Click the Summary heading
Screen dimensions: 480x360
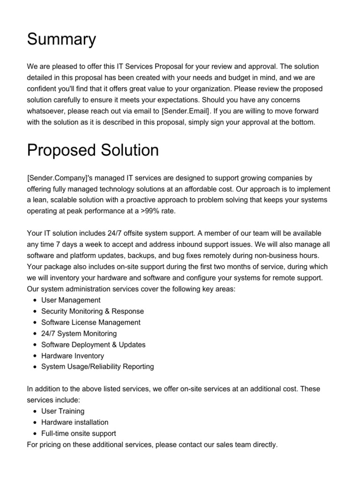coord(61,40)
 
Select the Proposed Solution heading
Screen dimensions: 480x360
coord(93,150)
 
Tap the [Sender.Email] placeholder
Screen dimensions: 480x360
coord(185,111)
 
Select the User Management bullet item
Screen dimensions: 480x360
coord(71,300)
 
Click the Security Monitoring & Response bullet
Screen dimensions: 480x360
coord(92,311)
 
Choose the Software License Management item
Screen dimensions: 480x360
coord(90,322)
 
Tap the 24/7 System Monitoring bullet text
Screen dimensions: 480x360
coord(79,333)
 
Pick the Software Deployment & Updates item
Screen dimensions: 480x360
coord(93,345)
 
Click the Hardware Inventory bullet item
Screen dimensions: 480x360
coord(73,356)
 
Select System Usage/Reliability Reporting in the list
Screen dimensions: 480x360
coord(97,367)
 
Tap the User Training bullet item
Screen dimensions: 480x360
coord(63,411)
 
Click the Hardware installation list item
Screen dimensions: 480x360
coord(75,422)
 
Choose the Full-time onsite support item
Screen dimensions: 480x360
coord(79,434)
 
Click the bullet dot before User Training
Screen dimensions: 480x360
coord(36,412)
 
